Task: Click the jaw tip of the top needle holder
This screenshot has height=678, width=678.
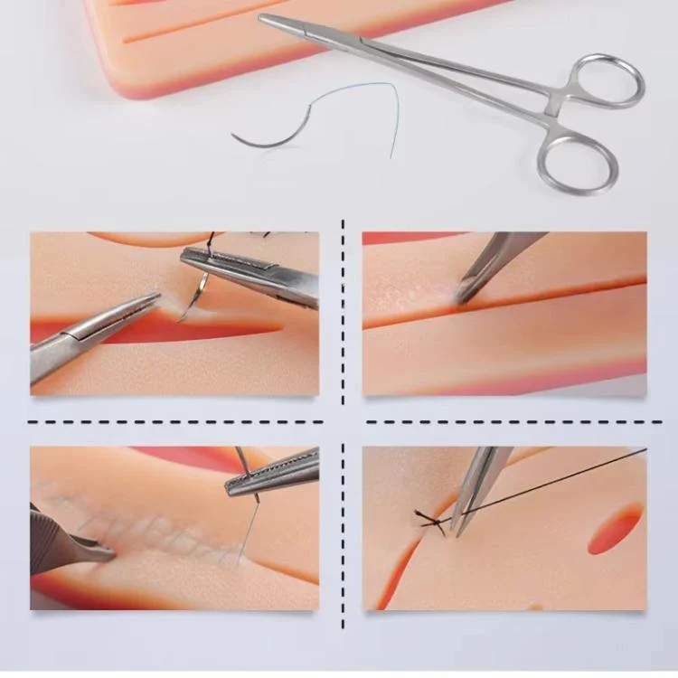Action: pyautogui.click(x=264, y=18)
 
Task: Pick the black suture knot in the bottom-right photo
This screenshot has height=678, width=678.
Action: pyautogui.click(x=432, y=523)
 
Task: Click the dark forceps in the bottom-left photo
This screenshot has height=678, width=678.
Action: pyautogui.click(x=63, y=542)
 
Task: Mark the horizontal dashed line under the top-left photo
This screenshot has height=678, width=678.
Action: pyautogui.click(x=172, y=421)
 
